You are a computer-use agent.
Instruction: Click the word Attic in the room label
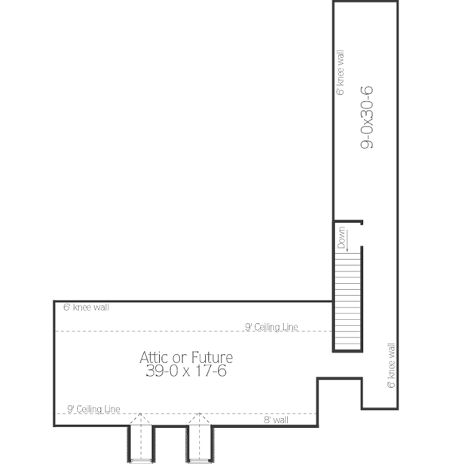click(154, 357)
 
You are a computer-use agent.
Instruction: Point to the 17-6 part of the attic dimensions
click(213, 371)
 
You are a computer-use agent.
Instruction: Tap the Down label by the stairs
click(341, 237)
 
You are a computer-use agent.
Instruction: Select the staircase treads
click(347, 301)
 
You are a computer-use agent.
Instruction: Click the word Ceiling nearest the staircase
click(268, 327)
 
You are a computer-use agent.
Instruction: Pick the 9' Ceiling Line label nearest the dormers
click(93, 409)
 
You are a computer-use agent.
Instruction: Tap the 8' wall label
click(276, 420)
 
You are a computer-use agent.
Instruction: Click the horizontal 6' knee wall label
click(86, 307)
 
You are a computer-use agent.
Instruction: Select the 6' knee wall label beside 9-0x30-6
click(341, 73)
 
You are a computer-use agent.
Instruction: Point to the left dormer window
click(140, 440)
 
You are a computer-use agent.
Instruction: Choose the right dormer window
click(198, 440)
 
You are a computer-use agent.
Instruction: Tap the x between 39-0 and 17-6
click(185, 371)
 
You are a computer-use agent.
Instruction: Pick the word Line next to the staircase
click(290, 327)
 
